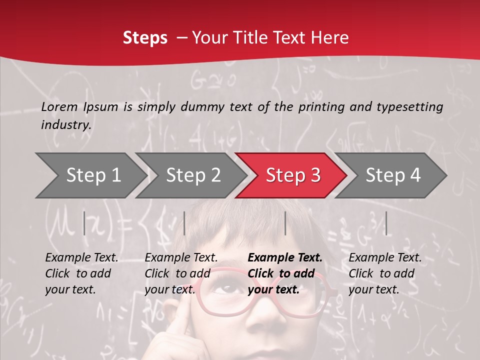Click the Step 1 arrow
tap(93, 175)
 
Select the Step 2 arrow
tap(193, 175)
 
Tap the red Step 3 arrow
tap(292, 175)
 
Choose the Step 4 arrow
tap(392, 175)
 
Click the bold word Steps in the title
tap(145, 38)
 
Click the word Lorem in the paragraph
tap(59, 106)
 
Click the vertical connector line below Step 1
tap(84, 223)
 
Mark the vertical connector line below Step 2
tap(184, 223)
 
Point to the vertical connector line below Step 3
tap(285, 223)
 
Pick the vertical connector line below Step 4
tap(386, 223)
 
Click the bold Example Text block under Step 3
tap(285, 273)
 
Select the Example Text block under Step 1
tap(81, 273)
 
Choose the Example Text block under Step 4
tap(385, 273)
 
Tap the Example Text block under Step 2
tap(181, 273)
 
